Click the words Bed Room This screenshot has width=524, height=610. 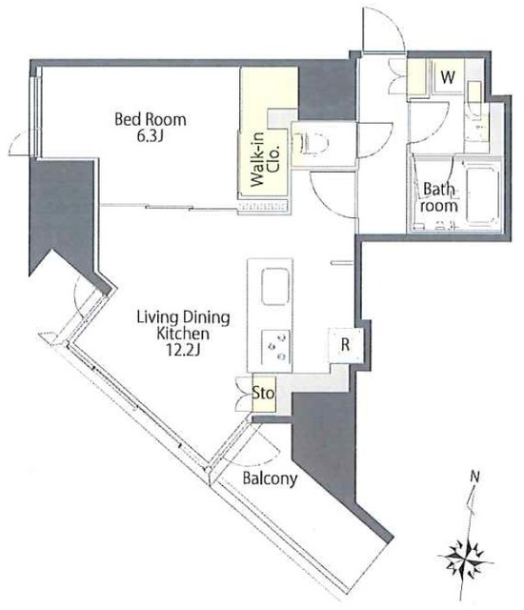click(151, 119)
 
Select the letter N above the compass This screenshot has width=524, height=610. click(474, 476)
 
